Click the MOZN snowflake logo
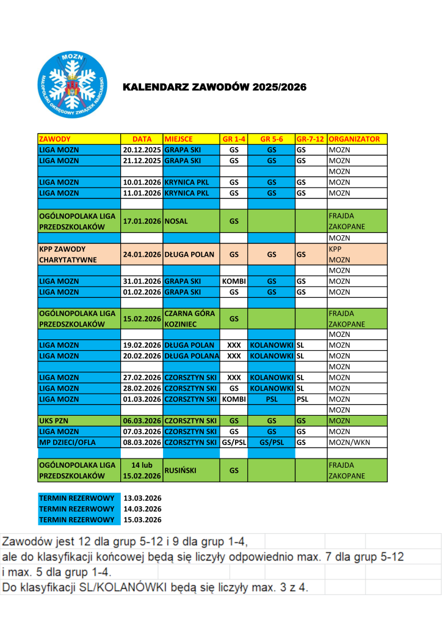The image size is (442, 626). click(x=72, y=85)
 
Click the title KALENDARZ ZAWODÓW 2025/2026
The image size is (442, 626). click(x=214, y=87)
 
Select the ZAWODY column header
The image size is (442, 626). click(x=55, y=139)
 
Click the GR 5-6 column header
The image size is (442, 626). click(x=272, y=139)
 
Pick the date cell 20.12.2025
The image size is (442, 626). click(x=142, y=149)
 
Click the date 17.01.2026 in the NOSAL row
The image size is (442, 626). click(x=142, y=221)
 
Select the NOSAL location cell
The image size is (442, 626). click(x=176, y=221)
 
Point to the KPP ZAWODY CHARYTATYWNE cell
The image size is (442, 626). click(x=62, y=254)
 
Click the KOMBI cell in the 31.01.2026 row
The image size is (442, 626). click(x=234, y=281)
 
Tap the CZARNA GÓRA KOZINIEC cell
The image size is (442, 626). click(x=190, y=319)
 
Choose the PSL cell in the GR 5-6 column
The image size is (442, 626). click(x=272, y=399)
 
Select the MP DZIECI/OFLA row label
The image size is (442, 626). click(x=67, y=442)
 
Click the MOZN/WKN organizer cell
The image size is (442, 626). click(x=348, y=442)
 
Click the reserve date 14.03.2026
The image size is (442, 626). click(x=142, y=509)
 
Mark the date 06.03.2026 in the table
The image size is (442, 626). click(x=142, y=421)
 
